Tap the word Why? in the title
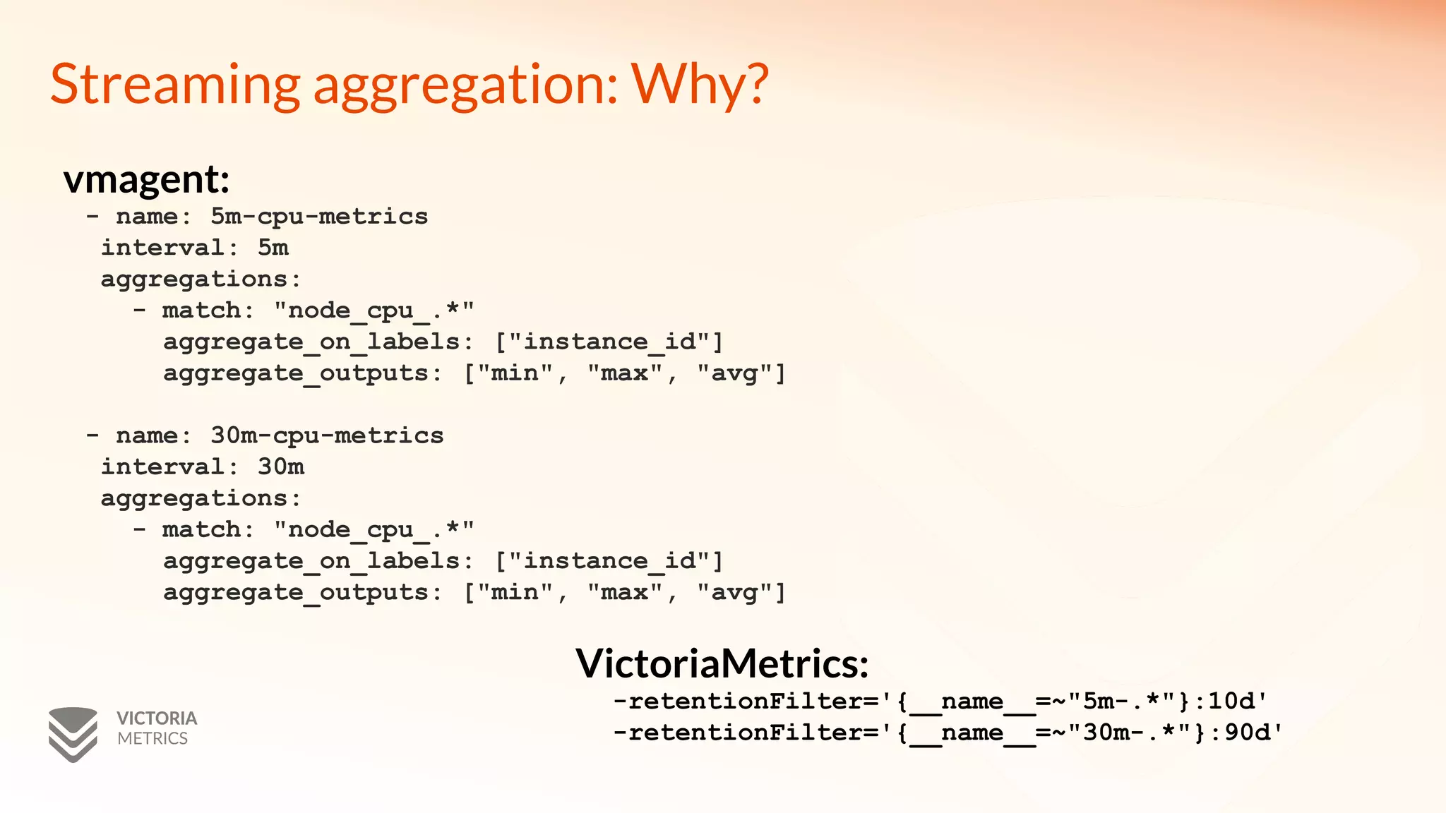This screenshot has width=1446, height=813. pyautogui.click(x=700, y=85)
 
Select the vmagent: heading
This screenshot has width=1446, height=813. pyautogui.click(x=146, y=179)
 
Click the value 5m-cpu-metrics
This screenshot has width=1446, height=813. pyautogui.click(x=319, y=217)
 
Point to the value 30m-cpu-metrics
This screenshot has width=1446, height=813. pyautogui.click(x=327, y=435)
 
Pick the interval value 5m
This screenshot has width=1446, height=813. pyautogui.click(x=273, y=248)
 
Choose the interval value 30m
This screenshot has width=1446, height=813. pyautogui.click(x=280, y=467)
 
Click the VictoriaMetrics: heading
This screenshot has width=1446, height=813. pyautogui.click(x=722, y=663)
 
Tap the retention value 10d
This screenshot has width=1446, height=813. pyautogui.click(x=1231, y=701)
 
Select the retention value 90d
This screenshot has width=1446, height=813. pyautogui.click(x=1247, y=733)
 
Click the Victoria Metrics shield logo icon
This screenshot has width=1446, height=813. pyautogui.click(x=73, y=734)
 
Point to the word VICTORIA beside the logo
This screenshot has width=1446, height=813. pyautogui.click(x=157, y=718)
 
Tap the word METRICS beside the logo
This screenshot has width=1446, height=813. pyautogui.click(x=153, y=739)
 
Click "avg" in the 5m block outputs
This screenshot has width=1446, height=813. pyautogui.click(x=734, y=373)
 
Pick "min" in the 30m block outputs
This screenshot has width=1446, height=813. pyautogui.click(x=515, y=592)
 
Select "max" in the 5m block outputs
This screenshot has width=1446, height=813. pyautogui.click(x=625, y=373)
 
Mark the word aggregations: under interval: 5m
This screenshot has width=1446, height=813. pyautogui.click(x=201, y=279)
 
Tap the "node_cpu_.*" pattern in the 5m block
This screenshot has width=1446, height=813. pyautogui.click(x=374, y=311)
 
